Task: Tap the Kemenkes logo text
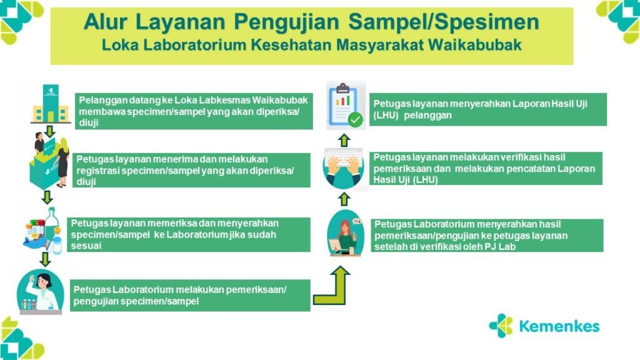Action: click(559, 326)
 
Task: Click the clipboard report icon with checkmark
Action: click(346, 105)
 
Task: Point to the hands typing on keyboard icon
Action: click(344, 167)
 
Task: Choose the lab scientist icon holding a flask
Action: click(40, 292)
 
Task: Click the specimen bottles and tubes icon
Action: click(43, 231)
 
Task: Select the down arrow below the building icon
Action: click(50, 131)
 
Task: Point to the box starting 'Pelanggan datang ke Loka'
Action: click(194, 111)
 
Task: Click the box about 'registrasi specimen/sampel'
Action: click(191, 170)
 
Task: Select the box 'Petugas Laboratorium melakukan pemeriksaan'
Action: click(190, 296)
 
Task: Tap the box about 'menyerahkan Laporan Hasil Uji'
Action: click(487, 109)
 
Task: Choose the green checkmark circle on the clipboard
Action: click(355, 120)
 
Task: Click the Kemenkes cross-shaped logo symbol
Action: click(501, 326)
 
